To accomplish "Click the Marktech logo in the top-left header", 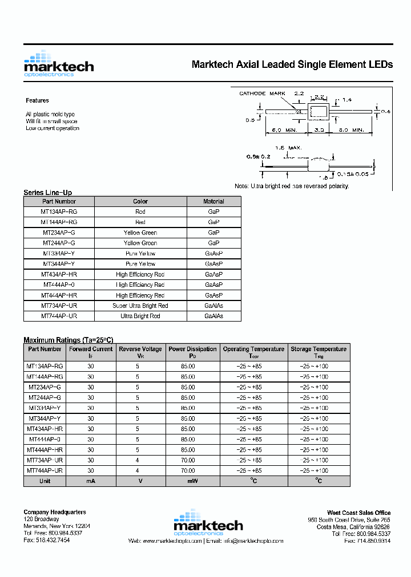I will (58, 64).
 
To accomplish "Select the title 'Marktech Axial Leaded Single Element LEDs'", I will (292, 64).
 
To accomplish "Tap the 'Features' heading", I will (37, 100).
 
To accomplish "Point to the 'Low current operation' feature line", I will (53, 128).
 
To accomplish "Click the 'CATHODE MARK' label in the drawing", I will (262, 93).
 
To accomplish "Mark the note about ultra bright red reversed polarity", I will (292, 186).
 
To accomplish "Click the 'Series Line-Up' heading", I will (47, 193).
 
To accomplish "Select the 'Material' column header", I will (213, 201).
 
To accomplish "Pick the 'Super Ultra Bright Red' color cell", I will (140, 306).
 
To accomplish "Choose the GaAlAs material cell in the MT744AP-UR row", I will (213, 316).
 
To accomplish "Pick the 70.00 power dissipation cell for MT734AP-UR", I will (188, 460).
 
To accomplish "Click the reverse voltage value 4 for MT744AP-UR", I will (138, 471).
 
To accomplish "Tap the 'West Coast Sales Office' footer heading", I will (358, 513).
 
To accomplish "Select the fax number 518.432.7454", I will (47, 540).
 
